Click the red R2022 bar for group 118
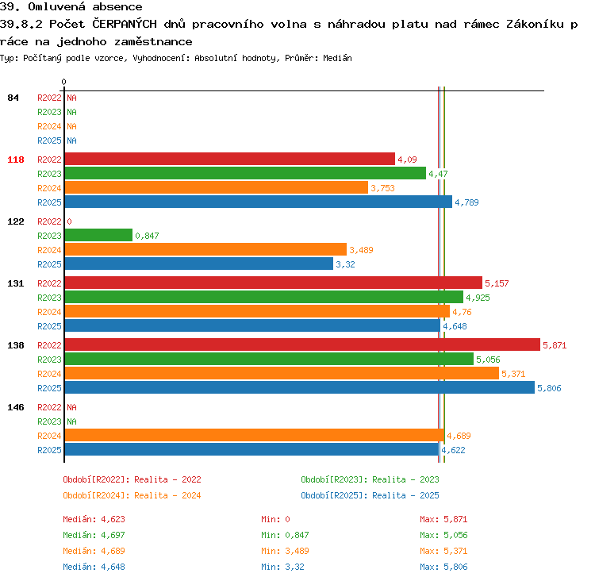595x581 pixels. click(230, 159)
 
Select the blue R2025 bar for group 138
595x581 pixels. click(300, 387)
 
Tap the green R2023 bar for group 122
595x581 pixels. click(98, 236)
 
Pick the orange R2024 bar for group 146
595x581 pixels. click(255, 435)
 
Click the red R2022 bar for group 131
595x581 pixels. click(274, 283)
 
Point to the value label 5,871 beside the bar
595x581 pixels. click(555, 345)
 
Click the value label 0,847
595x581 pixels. click(147, 236)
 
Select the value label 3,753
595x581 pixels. click(382, 188)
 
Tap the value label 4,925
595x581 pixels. click(478, 298)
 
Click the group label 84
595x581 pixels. click(13, 98)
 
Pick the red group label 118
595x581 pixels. click(16, 160)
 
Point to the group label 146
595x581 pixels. click(16, 407)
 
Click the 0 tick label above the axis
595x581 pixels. click(63, 82)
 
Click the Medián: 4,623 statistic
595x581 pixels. click(94, 519)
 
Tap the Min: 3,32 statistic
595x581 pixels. click(282, 567)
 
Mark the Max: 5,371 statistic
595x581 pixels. click(443, 551)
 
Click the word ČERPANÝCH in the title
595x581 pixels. click(125, 24)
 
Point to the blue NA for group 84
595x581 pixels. click(71, 140)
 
